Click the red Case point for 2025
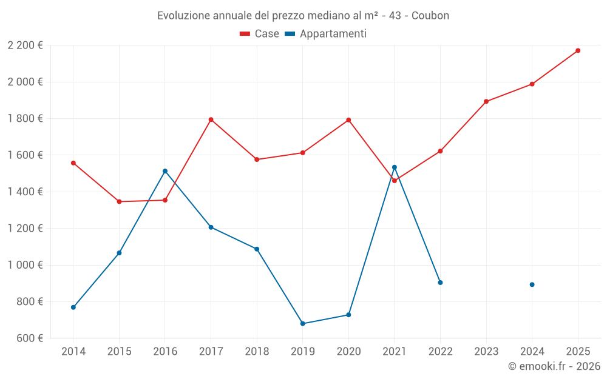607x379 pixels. (x=578, y=50)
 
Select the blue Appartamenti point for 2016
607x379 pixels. (x=165, y=171)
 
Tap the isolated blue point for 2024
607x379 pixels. (x=532, y=284)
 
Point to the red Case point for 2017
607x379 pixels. (x=211, y=119)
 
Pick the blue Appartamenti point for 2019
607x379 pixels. (x=302, y=323)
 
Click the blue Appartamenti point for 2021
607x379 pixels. (x=394, y=167)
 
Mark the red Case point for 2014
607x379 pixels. (x=73, y=163)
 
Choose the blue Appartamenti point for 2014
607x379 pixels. (x=73, y=307)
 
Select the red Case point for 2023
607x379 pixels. (x=486, y=101)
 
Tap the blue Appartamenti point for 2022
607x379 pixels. (x=440, y=283)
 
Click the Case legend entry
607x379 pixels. (x=260, y=34)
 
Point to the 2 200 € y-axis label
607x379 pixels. (x=25, y=45)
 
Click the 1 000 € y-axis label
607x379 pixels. (x=25, y=265)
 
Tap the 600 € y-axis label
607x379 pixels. (x=29, y=338)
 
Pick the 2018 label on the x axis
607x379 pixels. (x=257, y=351)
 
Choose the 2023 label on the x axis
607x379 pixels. (x=486, y=351)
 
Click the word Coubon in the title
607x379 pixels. (x=430, y=16)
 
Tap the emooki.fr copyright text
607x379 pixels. (x=554, y=366)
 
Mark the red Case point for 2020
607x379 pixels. (x=348, y=120)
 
